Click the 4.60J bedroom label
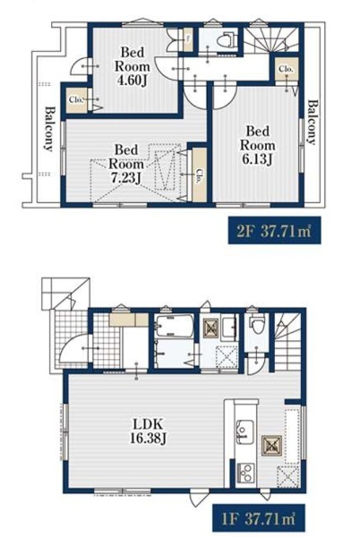(133, 67)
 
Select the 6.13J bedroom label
(257, 146)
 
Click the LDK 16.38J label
(148, 431)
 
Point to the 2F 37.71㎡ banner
(274, 230)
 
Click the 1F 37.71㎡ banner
(259, 517)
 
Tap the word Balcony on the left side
(49, 129)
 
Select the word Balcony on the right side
(311, 123)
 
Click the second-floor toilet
(227, 39)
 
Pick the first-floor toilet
(256, 325)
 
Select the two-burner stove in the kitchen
(244, 473)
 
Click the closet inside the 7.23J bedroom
(199, 175)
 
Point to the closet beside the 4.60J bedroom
(77, 100)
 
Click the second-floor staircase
(270, 39)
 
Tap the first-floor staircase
(287, 343)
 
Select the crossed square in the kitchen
(271, 446)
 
